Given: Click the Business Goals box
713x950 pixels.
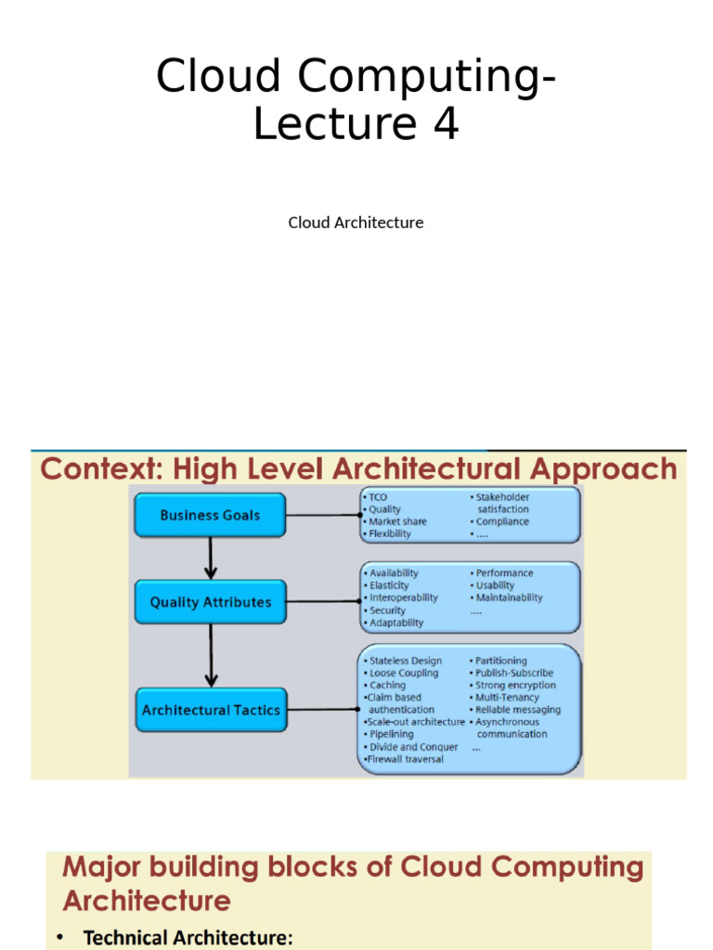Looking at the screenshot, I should pyautogui.click(x=210, y=515).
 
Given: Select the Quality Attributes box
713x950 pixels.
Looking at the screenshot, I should pyautogui.click(x=210, y=602).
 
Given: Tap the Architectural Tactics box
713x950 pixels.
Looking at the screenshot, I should pyautogui.click(x=211, y=710).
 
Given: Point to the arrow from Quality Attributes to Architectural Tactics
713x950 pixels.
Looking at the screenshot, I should pyautogui.click(x=211, y=655).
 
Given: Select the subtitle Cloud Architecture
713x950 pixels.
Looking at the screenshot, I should pyautogui.click(x=356, y=223).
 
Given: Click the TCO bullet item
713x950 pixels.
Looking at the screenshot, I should pyautogui.click(x=378, y=497).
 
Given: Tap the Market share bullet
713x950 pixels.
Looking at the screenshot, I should pyautogui.click(x=397, y=521).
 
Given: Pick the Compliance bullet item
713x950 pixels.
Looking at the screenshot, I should pyautogui.click(x=502, y=521).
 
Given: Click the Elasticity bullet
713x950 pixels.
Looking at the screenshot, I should pyautogui.click(x=389, y=585).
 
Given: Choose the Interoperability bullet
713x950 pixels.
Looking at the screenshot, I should pyautogui.click(x=403, y=597).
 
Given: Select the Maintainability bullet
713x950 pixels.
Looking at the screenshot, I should pyautogui.click(x=509, y=597).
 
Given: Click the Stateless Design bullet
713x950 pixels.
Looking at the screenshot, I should pyautogui.click(x=406, y=661).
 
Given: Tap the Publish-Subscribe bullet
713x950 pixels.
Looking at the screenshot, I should pyautogui.click(x=514, y=673).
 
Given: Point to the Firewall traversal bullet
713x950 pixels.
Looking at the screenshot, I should pyautogui.click(x=405, y=759).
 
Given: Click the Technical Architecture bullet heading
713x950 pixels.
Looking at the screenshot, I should pyautogui.click(x=188, y=938).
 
